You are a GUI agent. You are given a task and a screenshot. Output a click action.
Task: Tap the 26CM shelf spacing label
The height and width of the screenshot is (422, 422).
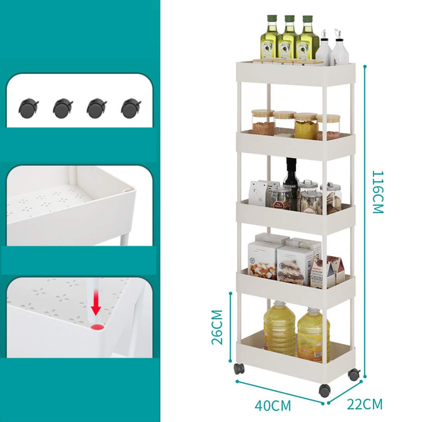click(x=217, y=327)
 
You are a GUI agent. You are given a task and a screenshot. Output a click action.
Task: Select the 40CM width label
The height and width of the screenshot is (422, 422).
click(x=273, y=406)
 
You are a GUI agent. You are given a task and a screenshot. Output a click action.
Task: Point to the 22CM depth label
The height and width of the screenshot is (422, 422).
click(x=364, y=404)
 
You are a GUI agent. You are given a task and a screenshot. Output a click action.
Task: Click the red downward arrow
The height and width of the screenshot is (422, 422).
click(x=96, y=309)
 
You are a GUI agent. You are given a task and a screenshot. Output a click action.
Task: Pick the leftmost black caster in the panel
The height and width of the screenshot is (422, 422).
click(x=28, y=108)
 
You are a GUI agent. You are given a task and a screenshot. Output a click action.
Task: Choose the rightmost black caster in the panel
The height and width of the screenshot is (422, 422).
click(x=131, y=108)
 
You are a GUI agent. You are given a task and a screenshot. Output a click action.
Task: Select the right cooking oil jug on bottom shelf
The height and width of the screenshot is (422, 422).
click(x=314, y=333)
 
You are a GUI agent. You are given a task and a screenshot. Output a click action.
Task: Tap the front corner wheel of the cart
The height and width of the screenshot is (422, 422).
click(x=324, y=390)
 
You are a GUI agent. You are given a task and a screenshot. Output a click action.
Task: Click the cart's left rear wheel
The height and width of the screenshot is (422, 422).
click(x=238, y=369)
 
